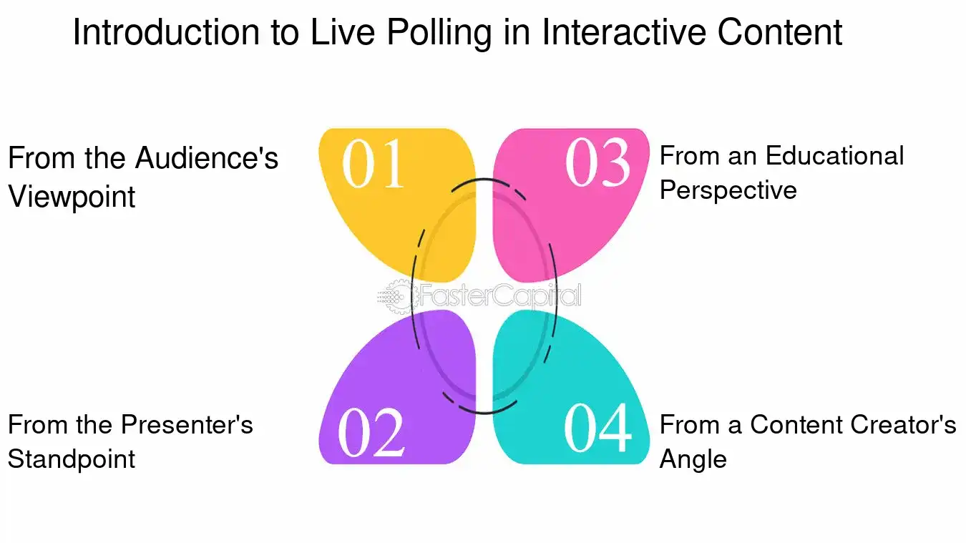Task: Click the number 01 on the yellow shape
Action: pyautogui.click(x=374, y=164)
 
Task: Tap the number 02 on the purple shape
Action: pyautogui.click(x=371, y=433)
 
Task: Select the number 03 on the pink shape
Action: pyautogui.click(x=598, y=162)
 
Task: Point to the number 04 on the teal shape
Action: pyautogui.click(x=597, y=429)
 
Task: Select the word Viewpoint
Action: pyautogui.click(x=72, y=195)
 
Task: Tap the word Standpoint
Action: pyautogui.click(x=72, y=459)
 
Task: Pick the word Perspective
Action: pyautogui.click(x=728, y=190)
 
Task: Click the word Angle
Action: pyautogui.click(x=693, y=459)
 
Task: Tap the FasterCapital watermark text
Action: pyautogui.click(x=498, y=295)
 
